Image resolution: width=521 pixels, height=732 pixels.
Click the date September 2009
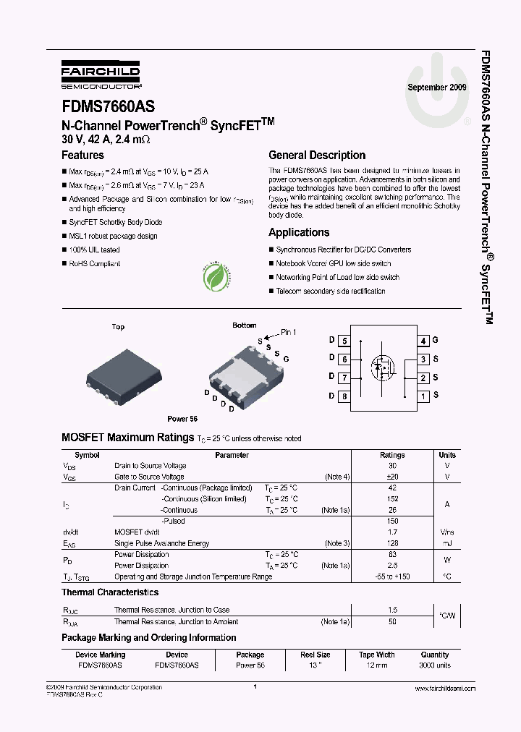437,88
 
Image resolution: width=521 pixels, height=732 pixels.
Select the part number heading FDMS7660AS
108,106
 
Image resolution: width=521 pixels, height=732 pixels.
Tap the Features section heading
82,155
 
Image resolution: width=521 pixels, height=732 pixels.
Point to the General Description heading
317,155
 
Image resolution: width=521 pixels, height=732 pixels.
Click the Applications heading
299,232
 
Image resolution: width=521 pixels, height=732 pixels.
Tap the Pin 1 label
288,332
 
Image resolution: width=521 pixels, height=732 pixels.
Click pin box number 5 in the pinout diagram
344,341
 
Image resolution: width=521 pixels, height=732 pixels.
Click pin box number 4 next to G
423,341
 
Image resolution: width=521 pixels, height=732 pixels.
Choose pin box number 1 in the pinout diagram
423,396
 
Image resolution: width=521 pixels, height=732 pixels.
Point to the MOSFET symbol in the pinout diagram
384,367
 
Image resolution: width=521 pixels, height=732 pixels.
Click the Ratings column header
392,455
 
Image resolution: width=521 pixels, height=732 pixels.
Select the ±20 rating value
392,477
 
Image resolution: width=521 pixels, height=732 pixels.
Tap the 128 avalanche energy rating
392,543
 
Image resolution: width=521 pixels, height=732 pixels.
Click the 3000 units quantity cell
434,665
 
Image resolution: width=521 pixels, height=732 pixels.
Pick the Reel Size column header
315,655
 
